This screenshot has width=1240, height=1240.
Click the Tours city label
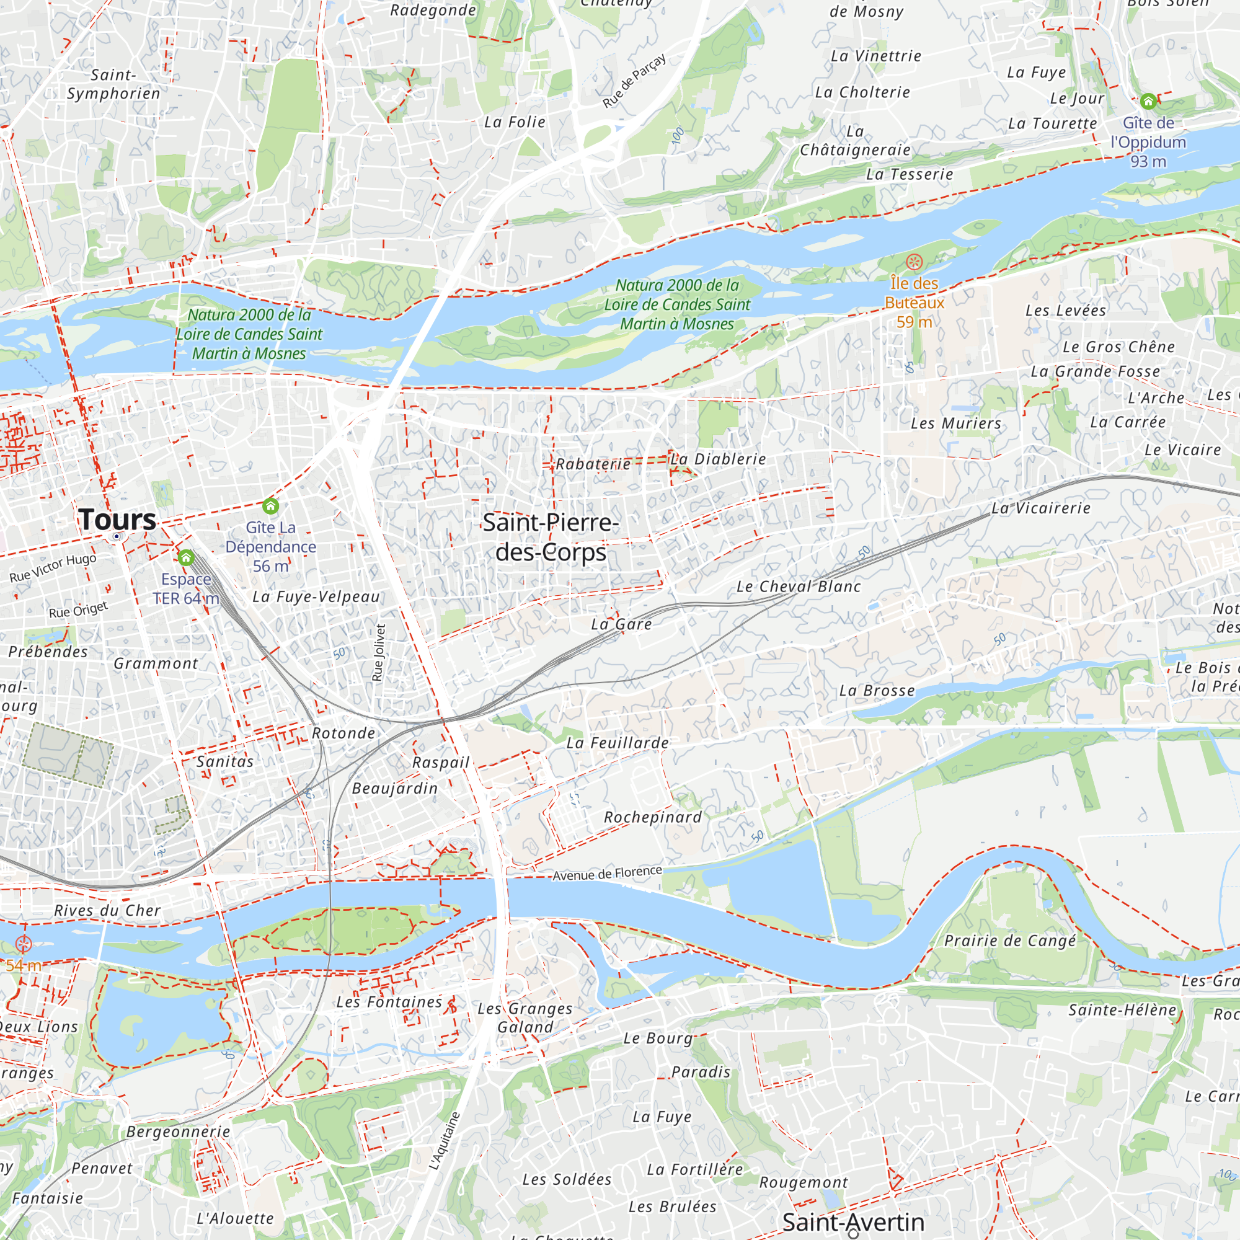point(117,519)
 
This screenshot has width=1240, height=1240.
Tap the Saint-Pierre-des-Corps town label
point(551,537)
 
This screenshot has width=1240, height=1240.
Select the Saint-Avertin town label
point(853,1221)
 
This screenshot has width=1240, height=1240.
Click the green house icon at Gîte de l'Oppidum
point(1148,102)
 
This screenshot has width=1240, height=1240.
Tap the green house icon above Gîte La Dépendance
point(271,506)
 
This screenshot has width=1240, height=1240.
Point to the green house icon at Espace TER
point(186,557)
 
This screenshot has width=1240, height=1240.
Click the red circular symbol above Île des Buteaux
point(914,262)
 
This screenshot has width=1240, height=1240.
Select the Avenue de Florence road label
point(607,874)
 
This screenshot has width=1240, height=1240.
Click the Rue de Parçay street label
point(634,81)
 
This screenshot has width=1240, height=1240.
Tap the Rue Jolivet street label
point(379,652)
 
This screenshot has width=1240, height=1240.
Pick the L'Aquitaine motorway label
point(445,1141)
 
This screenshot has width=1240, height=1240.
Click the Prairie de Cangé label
point(1009,941)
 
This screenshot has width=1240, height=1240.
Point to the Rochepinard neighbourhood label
point(653,817)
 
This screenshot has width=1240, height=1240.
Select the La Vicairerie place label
point(1041,508)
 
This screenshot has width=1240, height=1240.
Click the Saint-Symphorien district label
point(113,84)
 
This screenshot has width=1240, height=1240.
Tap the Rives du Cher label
point(107,910)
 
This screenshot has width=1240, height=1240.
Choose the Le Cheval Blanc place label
point(799,587)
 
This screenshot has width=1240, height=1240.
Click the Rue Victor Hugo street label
point(53,567)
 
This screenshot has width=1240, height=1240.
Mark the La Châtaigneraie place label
point(855,141)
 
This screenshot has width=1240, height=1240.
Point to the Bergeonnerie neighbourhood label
point(178,1131)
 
